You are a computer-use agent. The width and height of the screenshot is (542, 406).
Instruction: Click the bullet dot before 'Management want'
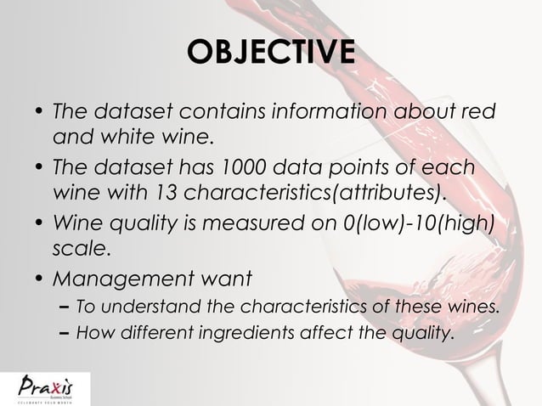pyautogui.click(x=39, y=278)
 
